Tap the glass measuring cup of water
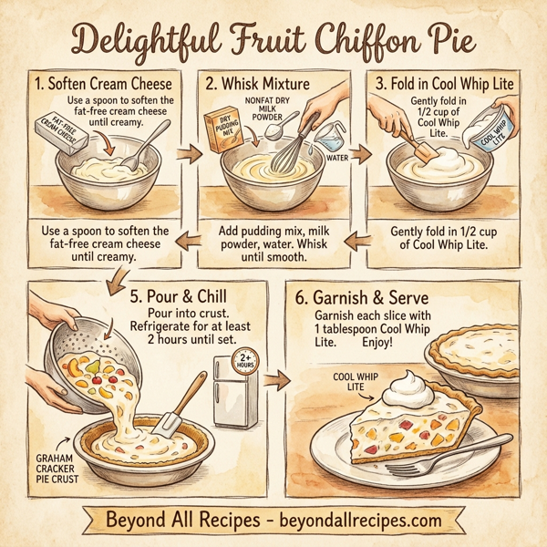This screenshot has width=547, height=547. [325, 139]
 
